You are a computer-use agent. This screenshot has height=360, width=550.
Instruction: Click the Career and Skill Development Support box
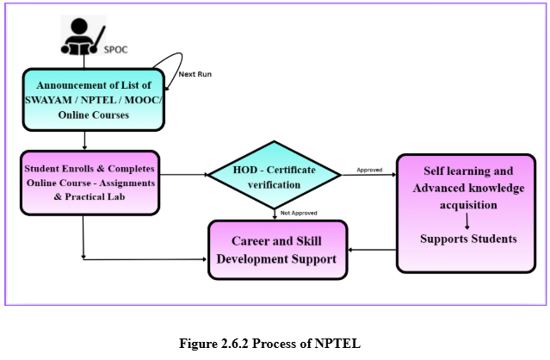pyautogui.click(x=276, y=249)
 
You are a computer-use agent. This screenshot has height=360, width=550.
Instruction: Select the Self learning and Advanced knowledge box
pyautogui.click(x=468, y=213)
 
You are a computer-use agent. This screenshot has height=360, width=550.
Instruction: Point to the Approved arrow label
pyautogui.click(x=370, y=170)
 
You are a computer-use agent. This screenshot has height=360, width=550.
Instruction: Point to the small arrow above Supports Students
pyautogui.click(x=468, y=222)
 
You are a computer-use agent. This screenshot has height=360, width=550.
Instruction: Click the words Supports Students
pyautogui.click(x=468, y=239)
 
